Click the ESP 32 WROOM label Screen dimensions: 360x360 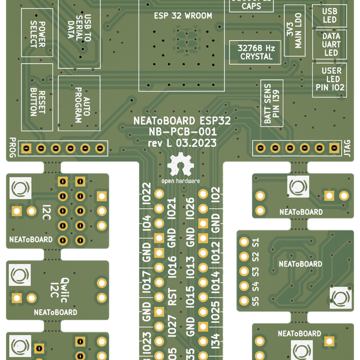[x=183, y=16]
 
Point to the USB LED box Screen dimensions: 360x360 [x=330, y=16]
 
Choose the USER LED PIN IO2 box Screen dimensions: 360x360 [x=330, y=79]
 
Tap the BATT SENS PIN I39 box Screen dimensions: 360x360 [x=272, y=103]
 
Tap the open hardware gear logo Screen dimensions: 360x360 [x=181, y=164]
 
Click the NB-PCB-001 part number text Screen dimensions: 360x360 [x=182, y=132]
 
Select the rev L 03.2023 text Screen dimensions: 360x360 [x=182, y=143]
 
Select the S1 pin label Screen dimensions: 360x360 [x=256, y=242]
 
